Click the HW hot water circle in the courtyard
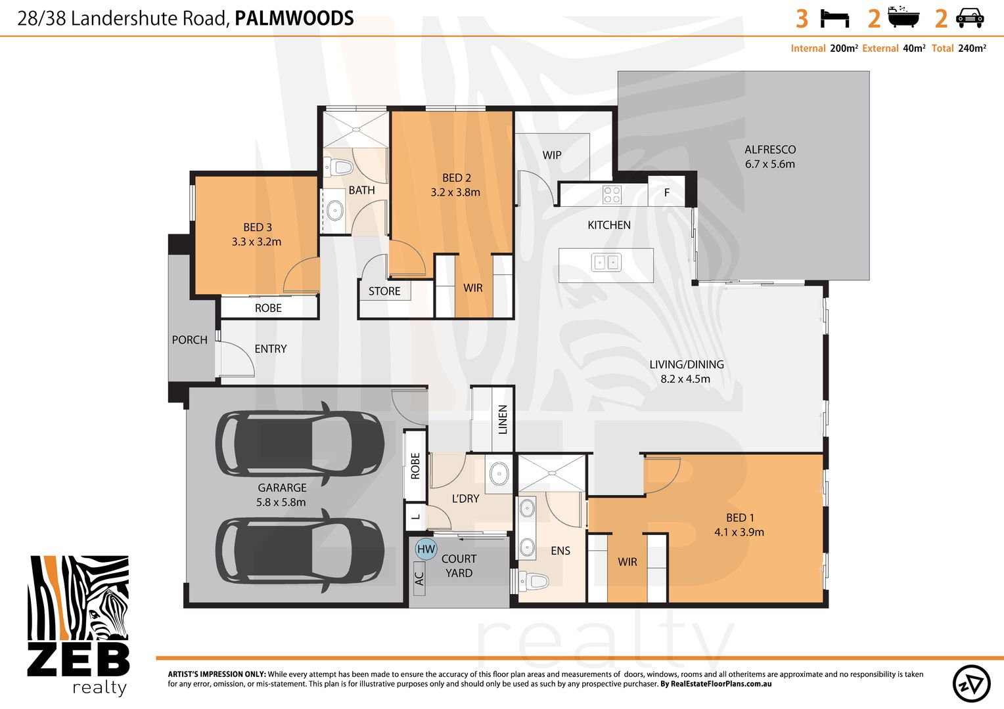426,549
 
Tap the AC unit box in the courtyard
419,578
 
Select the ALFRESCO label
769,150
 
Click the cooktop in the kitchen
612,195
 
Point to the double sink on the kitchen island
606,263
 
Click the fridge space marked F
666,192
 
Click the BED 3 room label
257,227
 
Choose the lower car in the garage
300,550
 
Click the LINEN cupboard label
503,419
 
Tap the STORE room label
384,291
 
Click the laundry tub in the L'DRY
499,473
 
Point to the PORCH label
189,340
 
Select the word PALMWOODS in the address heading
294,18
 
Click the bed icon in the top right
834,18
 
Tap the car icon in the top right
969,18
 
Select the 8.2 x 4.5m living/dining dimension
685,379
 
